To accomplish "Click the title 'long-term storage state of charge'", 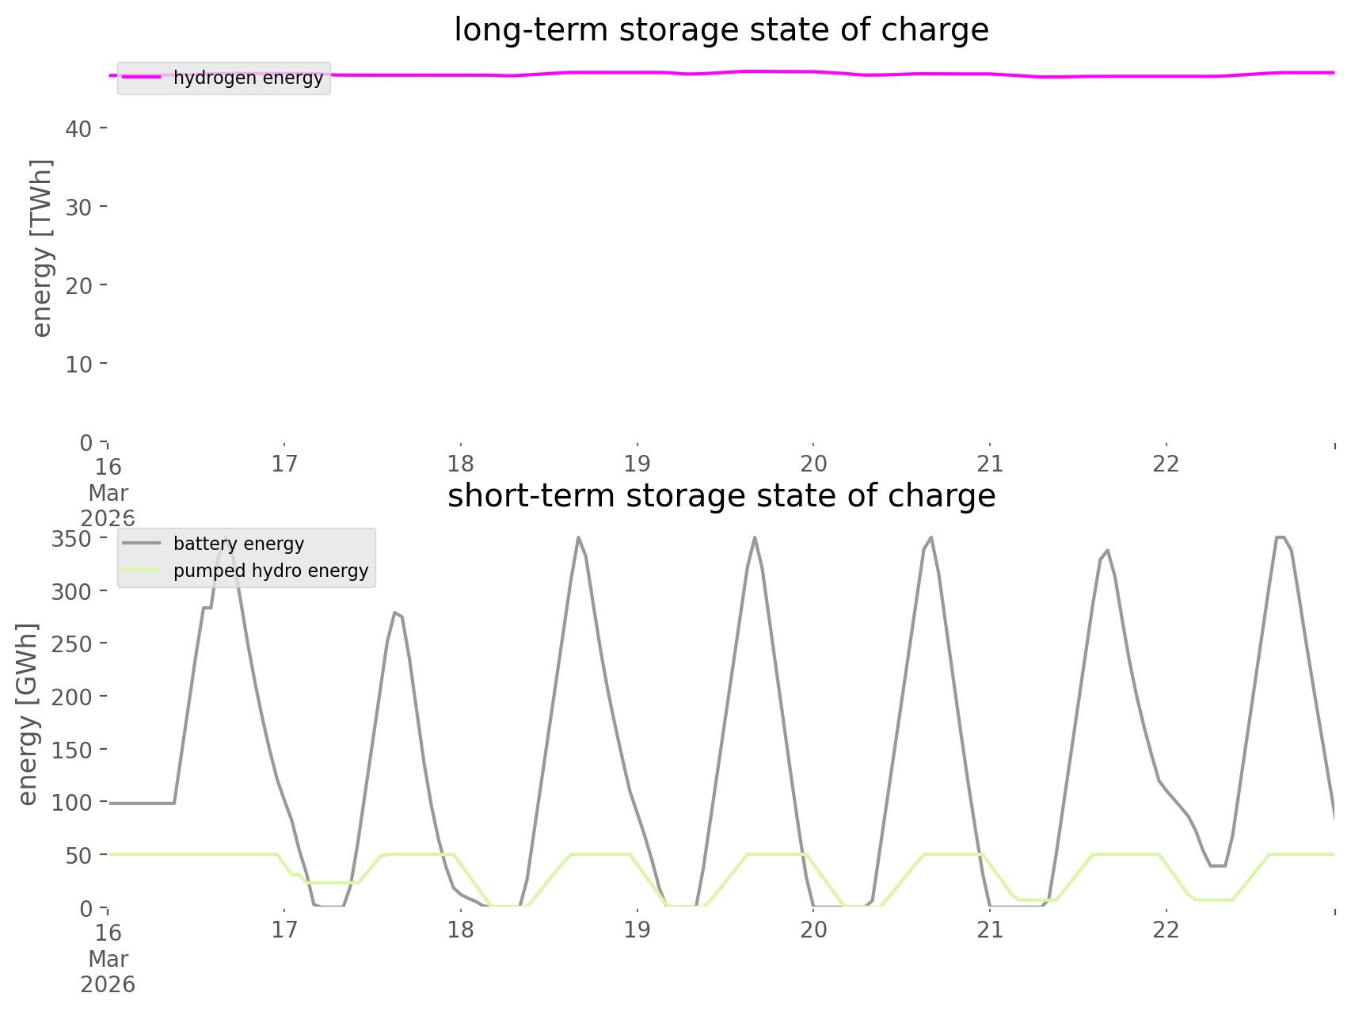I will pyautogui.click(x=721, y=30).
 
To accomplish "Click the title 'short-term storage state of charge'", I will pyautogui.click(x=721, y=496).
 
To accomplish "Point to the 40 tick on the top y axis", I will pyautogui.click(x=78, y=128).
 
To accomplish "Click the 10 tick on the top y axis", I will pyautogui.click(x=78, y=364).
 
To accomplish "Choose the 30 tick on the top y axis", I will pyautogui.click(x=78, y=206).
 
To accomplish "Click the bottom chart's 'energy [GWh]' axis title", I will pyautogui.click(x=28, y=713).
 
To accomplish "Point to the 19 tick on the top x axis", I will pyautogui.click(x=637, y=464).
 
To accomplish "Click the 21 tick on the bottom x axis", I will pyautogui.click(x=990, y=930).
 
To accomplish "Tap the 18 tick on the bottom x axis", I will pyautogui.click(x=460, y=930).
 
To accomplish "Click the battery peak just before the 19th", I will pyautogui.click(x=578, y=538).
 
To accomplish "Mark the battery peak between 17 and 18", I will pyautogui.click(x=394, y=613).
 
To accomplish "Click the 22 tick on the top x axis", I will pyautogui.click(x=1166, y=464).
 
